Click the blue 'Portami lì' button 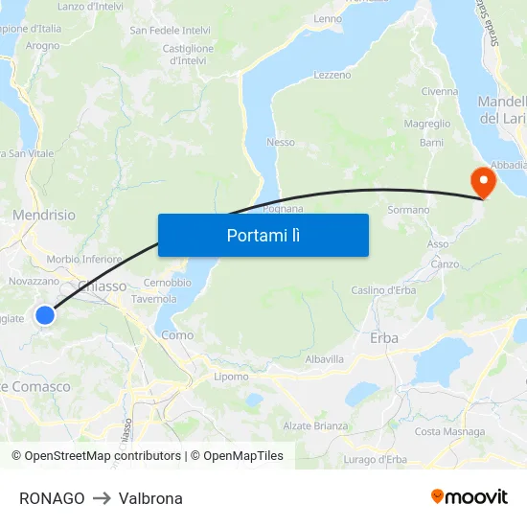(263, 235)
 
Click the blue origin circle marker (45, 314)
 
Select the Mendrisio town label (44, 216)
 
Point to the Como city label (177, 335)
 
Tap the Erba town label (384, 337)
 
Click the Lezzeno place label (332, 75)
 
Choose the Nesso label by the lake (281, 142)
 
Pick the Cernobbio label (167, 283)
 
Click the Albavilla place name (324, 358)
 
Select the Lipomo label (231, 377)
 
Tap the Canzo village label (445, 263)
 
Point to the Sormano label (408, 209)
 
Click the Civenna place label (439, 92)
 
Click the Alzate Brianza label (316, 425)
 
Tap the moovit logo (469, 496)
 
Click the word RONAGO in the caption (52, 498)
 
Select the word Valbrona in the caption (150, 498)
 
